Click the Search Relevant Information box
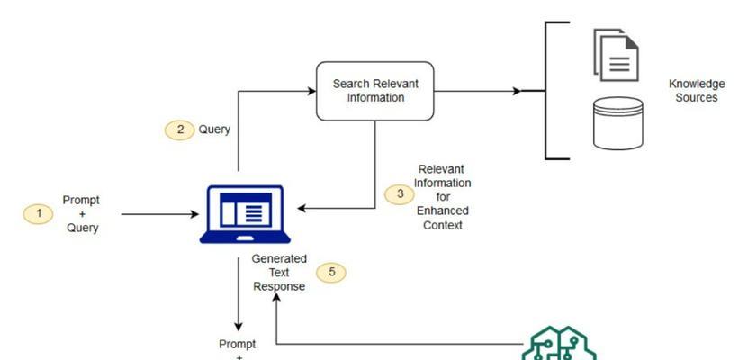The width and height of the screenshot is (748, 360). [x=375, y=91]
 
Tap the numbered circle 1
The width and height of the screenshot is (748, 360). [x=39, y=214]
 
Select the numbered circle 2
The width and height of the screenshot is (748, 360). [x=180, y=130]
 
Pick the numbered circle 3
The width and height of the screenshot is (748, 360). [x=400, y=194]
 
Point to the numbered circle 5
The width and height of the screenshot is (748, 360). [x=331, y=273]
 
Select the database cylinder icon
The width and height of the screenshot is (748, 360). [x=618, y=122]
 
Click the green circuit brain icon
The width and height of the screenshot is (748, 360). [x=560, y=346]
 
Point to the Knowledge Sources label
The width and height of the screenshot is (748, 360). [x=696, y=91]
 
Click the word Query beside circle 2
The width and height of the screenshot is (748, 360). [x=214, y=130]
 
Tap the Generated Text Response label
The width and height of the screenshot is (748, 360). [x=279, y=273]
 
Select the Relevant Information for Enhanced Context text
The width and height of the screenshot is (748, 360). [x=442, y=197]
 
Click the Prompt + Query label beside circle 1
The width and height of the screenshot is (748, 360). [x=82, y=214]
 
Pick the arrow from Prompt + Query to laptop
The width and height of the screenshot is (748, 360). [x=158, y=214]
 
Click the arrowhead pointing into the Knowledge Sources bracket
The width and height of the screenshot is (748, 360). [x=516, y=91]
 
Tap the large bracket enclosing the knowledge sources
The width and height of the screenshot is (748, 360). [x=547, y=91]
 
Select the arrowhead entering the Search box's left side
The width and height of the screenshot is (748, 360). [x=311, y=91]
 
